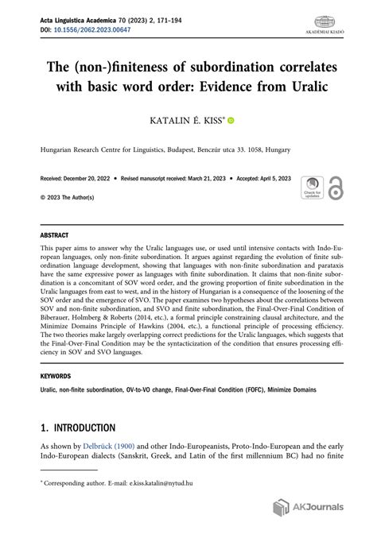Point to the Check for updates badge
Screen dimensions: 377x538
[312, 188]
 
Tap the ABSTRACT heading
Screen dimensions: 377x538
[54, 235]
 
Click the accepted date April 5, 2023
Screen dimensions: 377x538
[270, 180]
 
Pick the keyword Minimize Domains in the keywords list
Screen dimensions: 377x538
[289, 389]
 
